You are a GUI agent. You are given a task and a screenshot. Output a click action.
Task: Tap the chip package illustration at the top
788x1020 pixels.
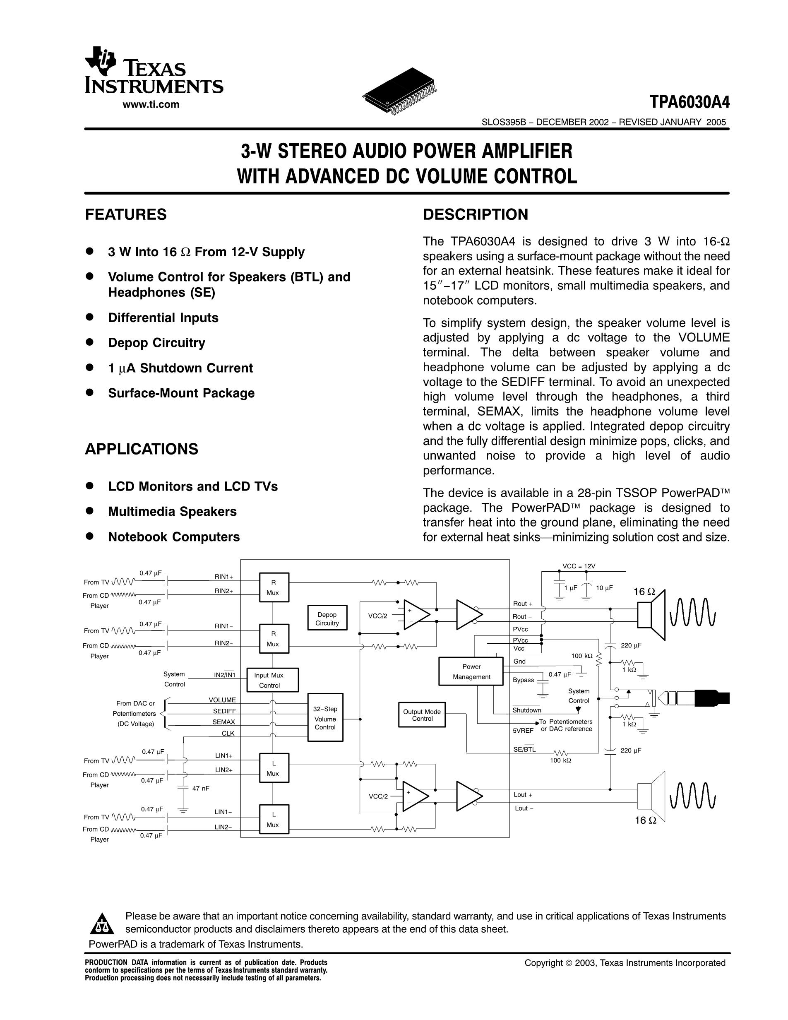[x=400, y=91]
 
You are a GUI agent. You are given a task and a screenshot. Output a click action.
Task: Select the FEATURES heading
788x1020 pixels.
[x=125, y=214]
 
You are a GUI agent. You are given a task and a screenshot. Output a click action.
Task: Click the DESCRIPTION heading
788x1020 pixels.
[x=475, y=214]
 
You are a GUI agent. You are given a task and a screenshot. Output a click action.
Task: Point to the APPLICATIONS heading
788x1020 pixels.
[x=142, y=449]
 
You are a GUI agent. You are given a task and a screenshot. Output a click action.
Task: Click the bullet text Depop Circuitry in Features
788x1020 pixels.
[x=156, y=343]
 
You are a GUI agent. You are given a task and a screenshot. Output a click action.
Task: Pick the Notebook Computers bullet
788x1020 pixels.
[x=174, y=536]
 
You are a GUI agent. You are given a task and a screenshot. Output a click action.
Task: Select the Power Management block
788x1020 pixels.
[x=471, y=671]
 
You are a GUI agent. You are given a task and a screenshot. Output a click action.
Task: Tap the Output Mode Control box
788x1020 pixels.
[x=422, y=715]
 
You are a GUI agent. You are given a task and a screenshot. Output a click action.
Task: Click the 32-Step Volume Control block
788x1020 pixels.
[x=325, y=718]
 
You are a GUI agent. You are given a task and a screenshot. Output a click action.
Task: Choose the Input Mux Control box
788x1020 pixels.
[x=273, y=680]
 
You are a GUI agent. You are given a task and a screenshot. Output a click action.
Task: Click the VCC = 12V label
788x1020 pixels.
[x=579, y=566]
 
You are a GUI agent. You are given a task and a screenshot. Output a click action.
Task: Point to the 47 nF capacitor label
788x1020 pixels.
[x=201, y=788]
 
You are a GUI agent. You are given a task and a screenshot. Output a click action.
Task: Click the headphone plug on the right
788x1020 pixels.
[x=700, y=698]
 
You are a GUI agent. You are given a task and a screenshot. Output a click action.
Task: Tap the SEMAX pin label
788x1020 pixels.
[x=223, y=722]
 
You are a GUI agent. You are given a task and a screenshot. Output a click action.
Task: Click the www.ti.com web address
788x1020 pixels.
[x=151, y=105]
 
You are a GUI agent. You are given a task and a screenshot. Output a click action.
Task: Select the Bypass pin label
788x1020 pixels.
[x=523, y=680]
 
